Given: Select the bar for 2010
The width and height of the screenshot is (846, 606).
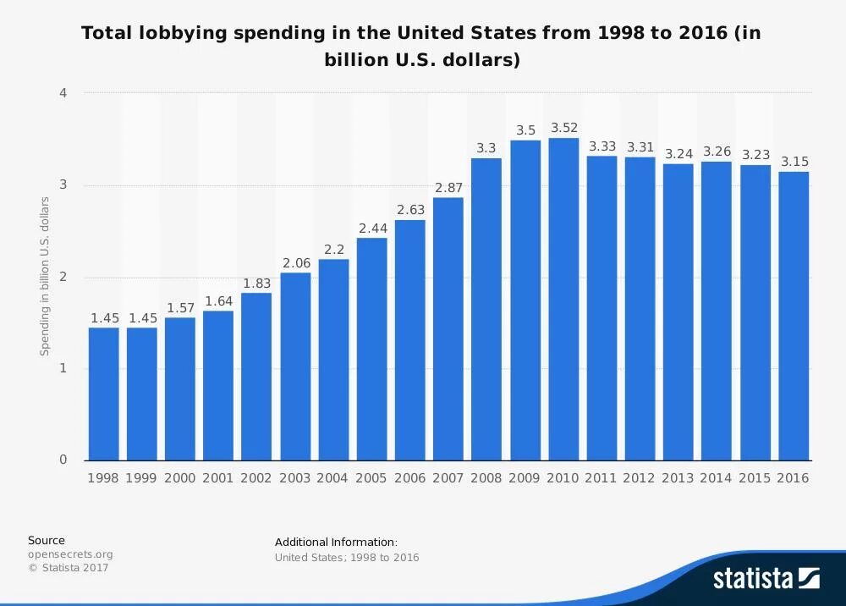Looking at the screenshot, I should click(x=563, y=300).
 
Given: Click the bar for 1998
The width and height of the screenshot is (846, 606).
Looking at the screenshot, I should click(x=103, y=394).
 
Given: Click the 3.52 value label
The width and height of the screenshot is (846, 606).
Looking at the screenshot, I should click(x=563, y=128).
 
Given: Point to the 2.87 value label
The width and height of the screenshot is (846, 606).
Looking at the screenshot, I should click(x=448, y=187).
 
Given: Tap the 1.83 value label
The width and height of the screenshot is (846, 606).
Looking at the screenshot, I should click(x=256, y=284).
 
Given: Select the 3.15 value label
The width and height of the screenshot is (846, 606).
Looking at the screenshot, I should click(x=794, y=161).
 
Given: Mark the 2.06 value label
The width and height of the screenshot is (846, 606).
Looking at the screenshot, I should click(x=295, y=263).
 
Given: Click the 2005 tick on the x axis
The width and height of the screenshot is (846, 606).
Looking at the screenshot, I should click(x=371, y=478).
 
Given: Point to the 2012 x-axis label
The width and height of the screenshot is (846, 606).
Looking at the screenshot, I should click(x=640, y=478).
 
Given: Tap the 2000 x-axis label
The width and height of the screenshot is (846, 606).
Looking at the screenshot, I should click(x=180, y=478).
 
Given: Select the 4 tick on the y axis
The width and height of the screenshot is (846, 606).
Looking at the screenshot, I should click(x=63, y=92).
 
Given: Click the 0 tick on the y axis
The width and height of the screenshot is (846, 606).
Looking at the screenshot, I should click(x=63, y=460).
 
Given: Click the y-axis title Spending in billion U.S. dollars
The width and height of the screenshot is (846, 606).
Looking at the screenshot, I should click(x=45, y=277).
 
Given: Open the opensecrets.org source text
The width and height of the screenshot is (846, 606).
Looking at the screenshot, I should click(x=70, y=554).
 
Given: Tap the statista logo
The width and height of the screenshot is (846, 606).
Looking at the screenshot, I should click(x=766, y=578).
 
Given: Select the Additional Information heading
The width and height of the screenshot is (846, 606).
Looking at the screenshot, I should click(x=336, y=542).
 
